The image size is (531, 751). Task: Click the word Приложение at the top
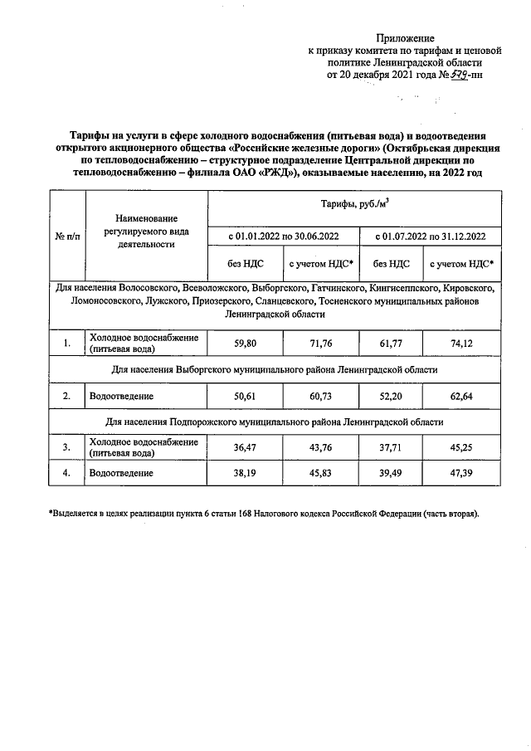click(x=405, y=38)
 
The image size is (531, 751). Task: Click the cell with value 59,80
click(x=244, y=343)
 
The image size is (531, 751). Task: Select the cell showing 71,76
click(x=320, y=343)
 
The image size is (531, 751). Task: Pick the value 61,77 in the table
click(x=392, y=343)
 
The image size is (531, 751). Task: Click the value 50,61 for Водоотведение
click(x=244, y=396)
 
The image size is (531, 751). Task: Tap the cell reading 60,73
click(x=320, y=396)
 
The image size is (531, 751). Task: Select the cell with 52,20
click(x=392, y=396)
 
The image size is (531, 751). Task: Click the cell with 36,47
click(x=244, y=448)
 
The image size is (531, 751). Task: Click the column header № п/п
click(x=67, y=237)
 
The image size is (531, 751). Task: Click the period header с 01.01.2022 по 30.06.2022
click(x=282, y=237)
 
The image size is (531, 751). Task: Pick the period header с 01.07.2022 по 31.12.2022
click(x=430, y=237)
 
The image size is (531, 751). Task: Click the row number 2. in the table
click(x=67, y=396)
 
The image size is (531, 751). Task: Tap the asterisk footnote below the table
click(x=264, y=514)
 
